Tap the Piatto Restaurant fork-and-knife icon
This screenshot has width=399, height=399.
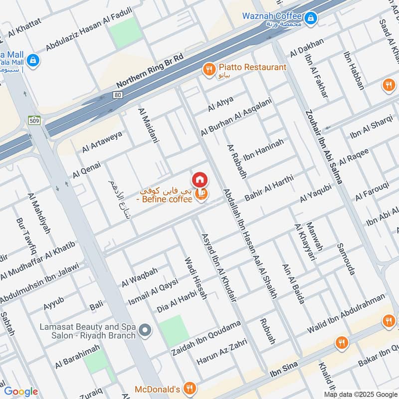coord(208,69)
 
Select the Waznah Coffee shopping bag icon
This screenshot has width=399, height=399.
coord(311,19)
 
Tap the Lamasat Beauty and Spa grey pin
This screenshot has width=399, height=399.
coord(145,330)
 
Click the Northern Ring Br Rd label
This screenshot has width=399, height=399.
coord(150,70)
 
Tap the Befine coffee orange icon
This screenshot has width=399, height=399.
coord(201,194)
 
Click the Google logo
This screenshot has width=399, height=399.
coord(20,392)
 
